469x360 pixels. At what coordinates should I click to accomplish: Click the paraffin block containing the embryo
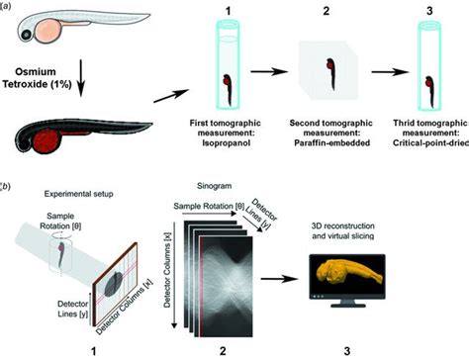click(x=328, y=77)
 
